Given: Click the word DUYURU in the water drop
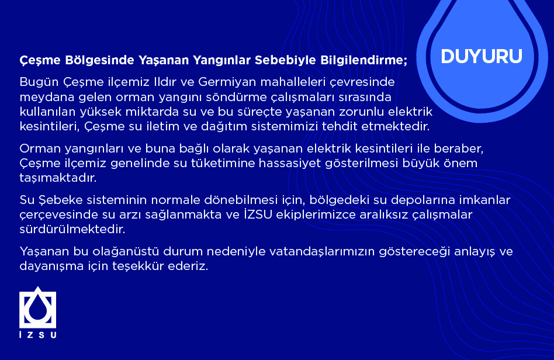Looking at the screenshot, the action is pyautogui.click(x=482, y=57).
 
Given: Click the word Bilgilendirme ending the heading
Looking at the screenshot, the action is pyautogui.click(x=364, y=60).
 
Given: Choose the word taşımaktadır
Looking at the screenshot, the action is pyautogui.click(x=58, y=178).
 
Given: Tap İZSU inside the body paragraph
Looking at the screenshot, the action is pyautogui.click(x=258, y=214).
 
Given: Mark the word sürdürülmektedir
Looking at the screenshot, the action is pyautogui.click(x=72, y=229).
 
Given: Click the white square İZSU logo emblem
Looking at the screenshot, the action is pyautogui.click(x=38, y=307).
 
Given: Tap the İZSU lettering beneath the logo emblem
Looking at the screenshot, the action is pyautogui.click(x=38, y=334).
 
